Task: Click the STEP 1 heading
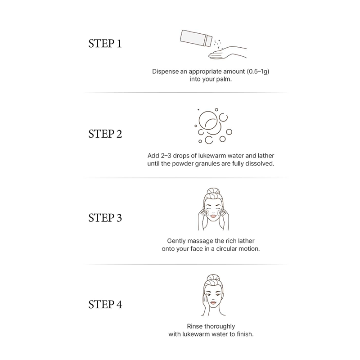point(105,43)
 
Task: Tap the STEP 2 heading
point(105,134)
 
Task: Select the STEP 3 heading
point(105,218)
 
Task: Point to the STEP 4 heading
point(105,305)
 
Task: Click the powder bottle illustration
point(196,38)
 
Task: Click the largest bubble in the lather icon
point(208,120)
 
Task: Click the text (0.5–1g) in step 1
point(258,72)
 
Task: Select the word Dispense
point(165,72)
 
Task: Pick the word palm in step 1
point(224,79)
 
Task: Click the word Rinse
point(195,326)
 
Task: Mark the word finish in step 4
point(245,334)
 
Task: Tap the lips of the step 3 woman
point(213,216)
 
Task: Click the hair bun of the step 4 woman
point(213,278)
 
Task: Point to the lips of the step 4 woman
point(213,302)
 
